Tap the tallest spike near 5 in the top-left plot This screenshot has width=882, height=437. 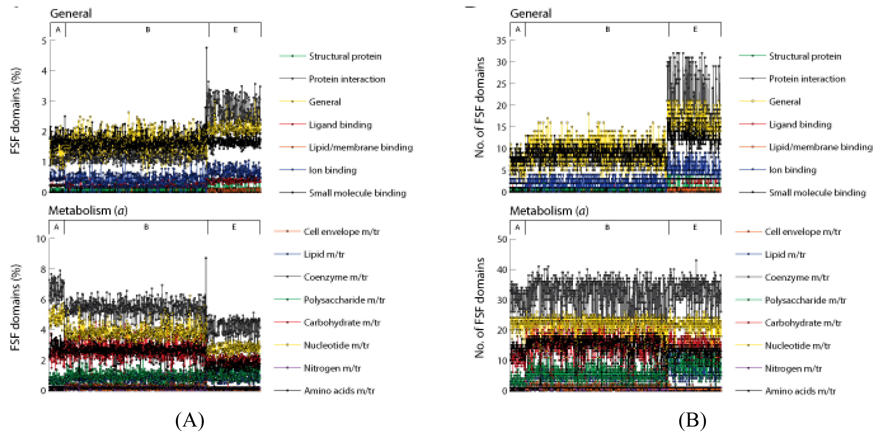pyautogui.click(x=207, y=48)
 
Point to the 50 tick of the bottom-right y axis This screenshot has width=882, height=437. pyautogui.click(x=502, y=239)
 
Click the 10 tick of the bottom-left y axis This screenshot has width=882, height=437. pyautogui.click(x=41, y=239)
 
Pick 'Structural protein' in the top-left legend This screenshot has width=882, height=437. pyautogui.click(x=345, y=56)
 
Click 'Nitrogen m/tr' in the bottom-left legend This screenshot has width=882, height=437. pyautogui.click(x=332, y=368)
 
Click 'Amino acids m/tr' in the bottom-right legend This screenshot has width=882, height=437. pyautogui.click(x=800, y=391)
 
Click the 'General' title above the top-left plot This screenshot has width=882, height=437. pyautogui.click(x=71, y=14)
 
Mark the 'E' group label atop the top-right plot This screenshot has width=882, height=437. pyautogui.click(x=695, y=29)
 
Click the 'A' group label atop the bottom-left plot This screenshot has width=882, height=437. pyautogui.click(x=56, y=227)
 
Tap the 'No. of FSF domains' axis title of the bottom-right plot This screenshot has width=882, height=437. pyautogui.click(x=479, y=307)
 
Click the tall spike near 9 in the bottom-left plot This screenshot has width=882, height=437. pyautogui.click(x=206, y=258)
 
